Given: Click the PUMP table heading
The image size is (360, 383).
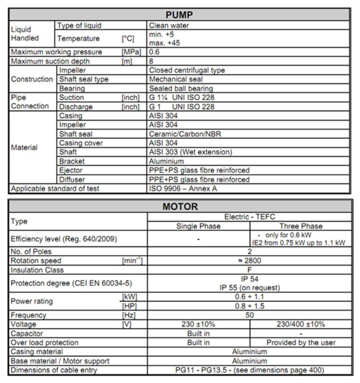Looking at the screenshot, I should point(179,14).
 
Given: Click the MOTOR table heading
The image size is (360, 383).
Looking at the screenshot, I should point(179,206).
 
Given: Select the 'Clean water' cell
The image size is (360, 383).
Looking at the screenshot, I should point(169,25).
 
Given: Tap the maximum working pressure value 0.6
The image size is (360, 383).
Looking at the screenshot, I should point(154,52).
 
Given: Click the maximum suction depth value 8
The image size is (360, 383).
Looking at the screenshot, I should point(151,61).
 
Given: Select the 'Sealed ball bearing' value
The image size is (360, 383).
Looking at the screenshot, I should point(181,88).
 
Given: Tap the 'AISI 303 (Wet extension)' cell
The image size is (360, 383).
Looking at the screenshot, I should point(190,152).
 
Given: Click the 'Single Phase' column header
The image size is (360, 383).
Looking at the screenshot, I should point(198,226).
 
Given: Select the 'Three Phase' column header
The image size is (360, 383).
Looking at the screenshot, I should point(300,226).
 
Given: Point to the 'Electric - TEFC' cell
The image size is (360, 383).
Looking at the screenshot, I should point(249,217).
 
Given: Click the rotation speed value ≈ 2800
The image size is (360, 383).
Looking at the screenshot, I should point(249,261).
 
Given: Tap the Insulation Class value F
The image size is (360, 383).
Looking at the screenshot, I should point(249,270).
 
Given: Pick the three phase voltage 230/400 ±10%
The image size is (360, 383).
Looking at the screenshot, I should point(300,324).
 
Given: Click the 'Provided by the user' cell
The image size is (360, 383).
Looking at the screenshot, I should point(300,343).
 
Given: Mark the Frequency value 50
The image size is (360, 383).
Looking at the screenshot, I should point(249,315).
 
